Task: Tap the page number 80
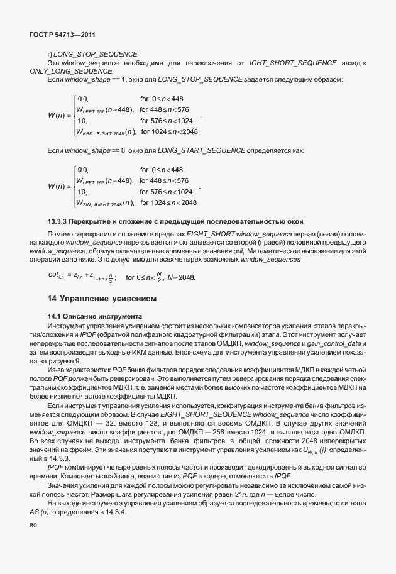point(33,543)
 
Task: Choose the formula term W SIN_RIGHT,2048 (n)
point(104,202)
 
